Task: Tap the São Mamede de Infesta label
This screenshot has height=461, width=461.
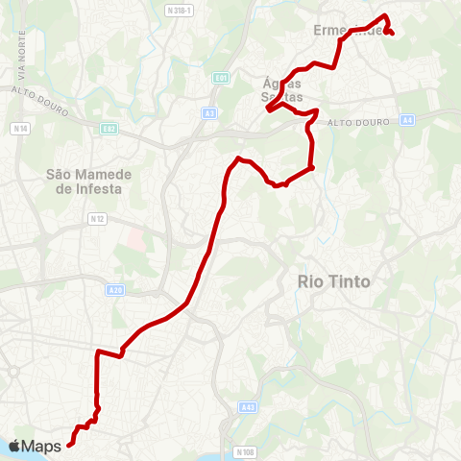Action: pyautogui.click(x=85, y=182)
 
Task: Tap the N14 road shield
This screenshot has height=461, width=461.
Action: pyautogui.click(x=20, y=128)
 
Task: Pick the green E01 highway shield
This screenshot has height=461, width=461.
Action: pyautogui.click(x=222, y=77)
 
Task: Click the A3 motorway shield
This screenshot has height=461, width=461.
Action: pyautogui.click(x=209, y=113)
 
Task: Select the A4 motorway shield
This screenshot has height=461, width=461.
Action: pyautogui.click(x=407, y=119)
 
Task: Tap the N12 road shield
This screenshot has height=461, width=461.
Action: pyautogui.click(x=96, y=219)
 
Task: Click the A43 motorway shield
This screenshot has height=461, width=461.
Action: pyautogui.click(x=249, y=407)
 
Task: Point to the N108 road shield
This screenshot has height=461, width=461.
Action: pyautogui.click(x=245, y=451)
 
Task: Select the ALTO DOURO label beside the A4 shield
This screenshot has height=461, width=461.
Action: pyautogui.click(x=355, y=122)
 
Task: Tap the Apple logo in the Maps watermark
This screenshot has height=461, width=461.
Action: pyautogui.click(x=14, y=446)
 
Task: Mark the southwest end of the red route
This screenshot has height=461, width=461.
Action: pyautogui.click(x=69, y=444)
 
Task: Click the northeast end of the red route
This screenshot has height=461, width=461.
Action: pyautogui.click(x=394, y=34)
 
